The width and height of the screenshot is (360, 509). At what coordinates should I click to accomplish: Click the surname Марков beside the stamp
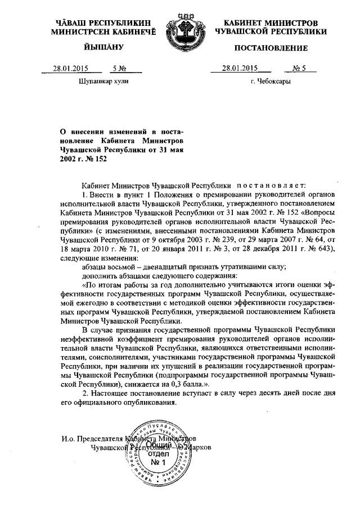195,448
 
